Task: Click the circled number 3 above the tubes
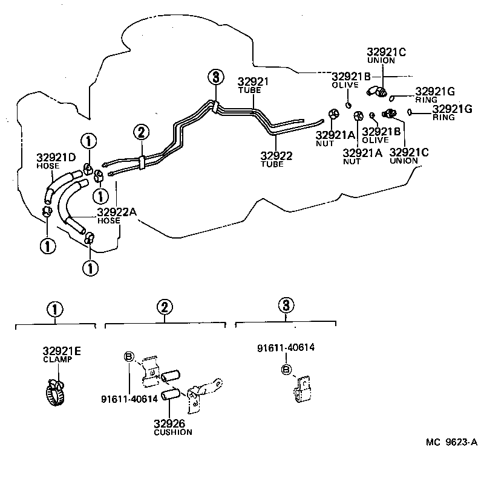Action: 215,77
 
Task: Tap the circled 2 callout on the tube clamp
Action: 140,132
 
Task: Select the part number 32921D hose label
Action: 56,158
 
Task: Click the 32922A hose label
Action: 117,212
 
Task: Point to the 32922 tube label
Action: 276,156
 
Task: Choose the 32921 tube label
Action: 253,82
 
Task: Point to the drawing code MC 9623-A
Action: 451,441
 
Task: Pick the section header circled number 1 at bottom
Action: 54,309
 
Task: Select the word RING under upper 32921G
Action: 426,101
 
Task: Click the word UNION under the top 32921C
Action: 382,61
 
